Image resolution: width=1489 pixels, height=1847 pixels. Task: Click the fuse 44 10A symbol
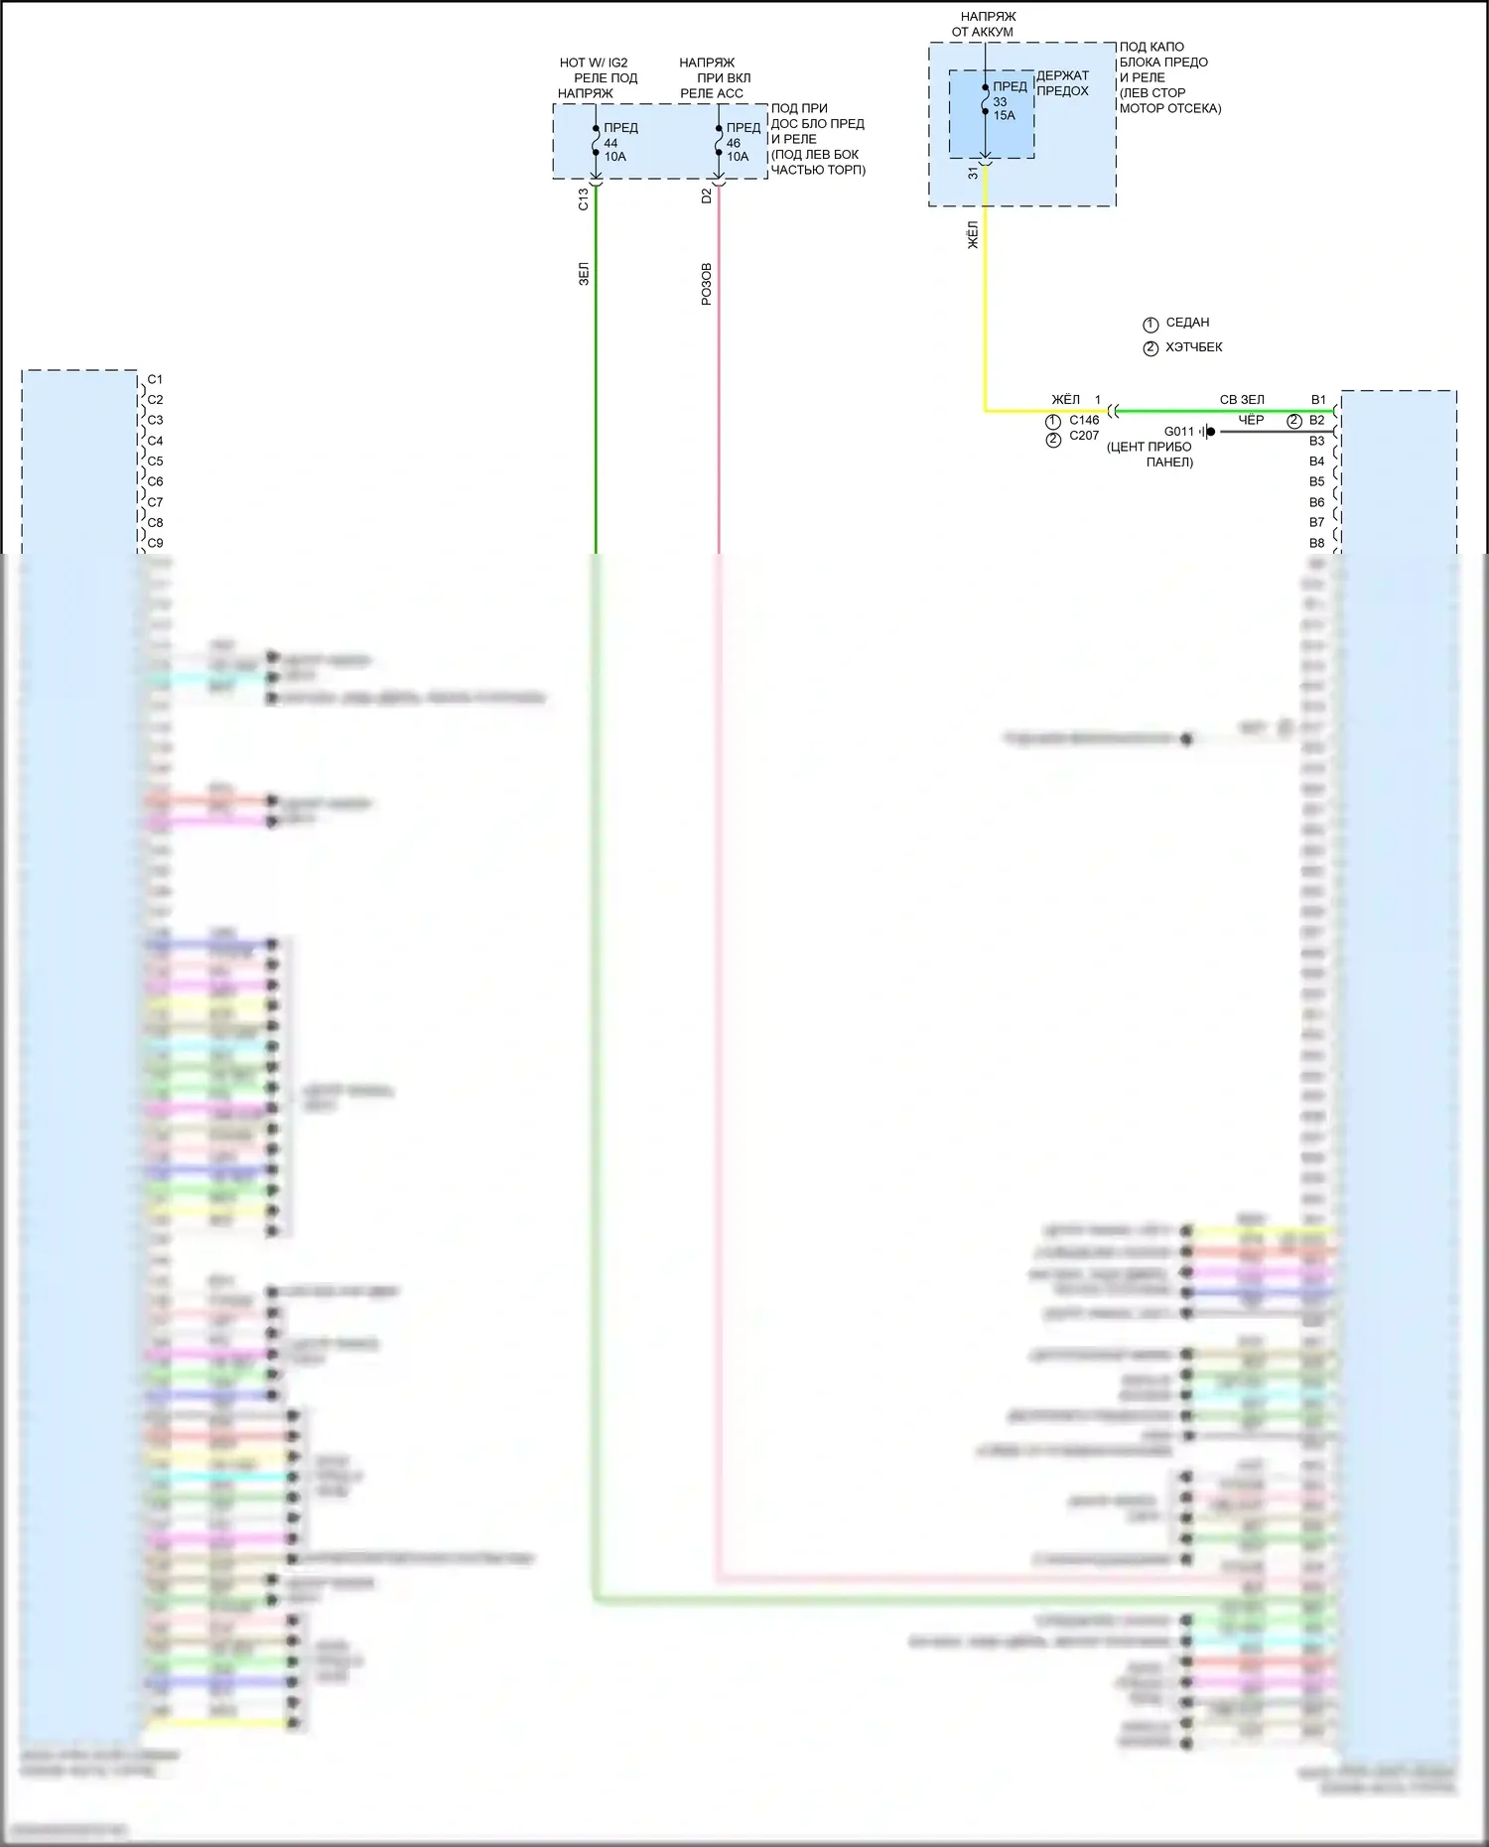click(596, 142)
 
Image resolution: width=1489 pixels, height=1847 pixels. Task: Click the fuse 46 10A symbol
click(719, 142)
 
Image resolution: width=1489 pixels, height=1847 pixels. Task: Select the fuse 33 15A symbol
click(985, 99)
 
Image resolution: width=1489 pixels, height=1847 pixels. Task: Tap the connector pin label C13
click(584, 199)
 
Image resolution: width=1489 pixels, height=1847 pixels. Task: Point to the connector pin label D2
click(707, 197)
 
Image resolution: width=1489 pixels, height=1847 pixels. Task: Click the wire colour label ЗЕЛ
click(584, 274)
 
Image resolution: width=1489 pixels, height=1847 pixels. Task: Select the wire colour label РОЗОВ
click(707, 284)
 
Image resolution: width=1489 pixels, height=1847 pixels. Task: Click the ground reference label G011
click(1178, 432)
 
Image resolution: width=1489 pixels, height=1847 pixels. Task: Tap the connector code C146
click(1084, 420)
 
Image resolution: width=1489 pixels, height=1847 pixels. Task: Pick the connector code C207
click(1084, 436)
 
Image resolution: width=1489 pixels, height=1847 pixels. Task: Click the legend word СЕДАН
click(1187, 323)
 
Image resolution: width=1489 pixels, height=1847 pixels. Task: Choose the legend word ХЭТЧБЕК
click(1194, 347)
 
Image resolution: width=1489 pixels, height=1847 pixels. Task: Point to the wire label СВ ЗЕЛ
click(1242, 400)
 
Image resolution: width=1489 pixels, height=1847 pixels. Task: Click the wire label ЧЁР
click(1251, 420)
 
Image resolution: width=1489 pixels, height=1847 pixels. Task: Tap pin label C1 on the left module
click(155, 379)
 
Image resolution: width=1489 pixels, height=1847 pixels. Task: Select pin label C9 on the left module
click(155, 543)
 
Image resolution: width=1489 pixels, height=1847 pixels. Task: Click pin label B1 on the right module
click(1318, 400)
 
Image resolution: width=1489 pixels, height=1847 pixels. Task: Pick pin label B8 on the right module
click(1316, 543)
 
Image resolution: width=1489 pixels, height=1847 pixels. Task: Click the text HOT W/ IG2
click(594, 63)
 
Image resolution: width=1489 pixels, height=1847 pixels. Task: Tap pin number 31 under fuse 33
click(973, 172)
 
